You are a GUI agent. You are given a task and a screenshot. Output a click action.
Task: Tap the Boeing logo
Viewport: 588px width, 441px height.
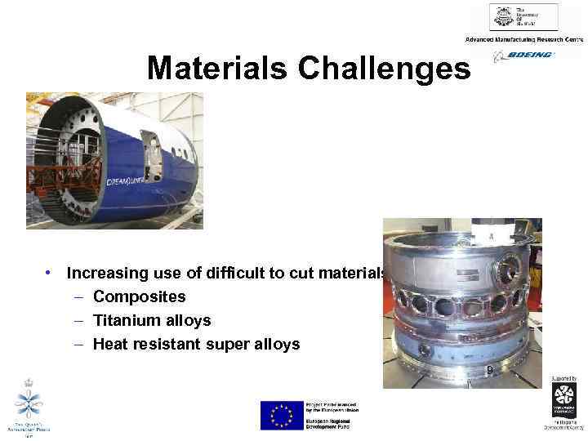pos(523,56)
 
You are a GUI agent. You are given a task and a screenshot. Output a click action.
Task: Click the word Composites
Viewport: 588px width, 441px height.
pos(140,297)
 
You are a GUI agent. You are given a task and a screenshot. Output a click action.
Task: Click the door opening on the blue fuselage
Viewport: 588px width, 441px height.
pos(151,155)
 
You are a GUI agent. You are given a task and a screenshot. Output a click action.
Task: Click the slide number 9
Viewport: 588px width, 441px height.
pos(488,371)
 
